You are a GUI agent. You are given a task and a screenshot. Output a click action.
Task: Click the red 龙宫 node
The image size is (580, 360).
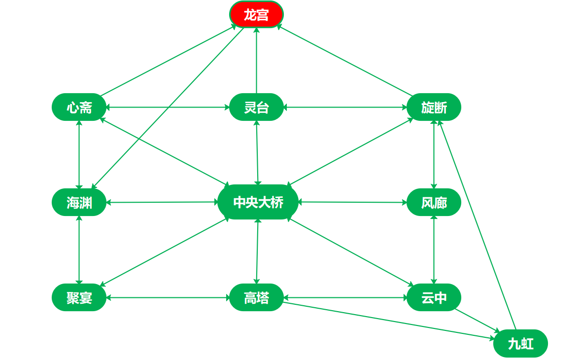pyautogui.click(x=256, y=15)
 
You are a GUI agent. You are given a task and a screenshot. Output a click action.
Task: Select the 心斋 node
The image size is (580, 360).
pyautogui.click(x=79, y=107)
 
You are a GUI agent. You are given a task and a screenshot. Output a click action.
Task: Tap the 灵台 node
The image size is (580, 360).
pyautogui.click(x=256, y=107)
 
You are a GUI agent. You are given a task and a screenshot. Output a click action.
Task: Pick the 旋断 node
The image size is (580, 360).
pyautogui.click(x=434, y=107)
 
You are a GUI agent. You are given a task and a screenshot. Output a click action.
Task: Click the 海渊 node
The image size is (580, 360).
pyautogui.click(x=79, y=202)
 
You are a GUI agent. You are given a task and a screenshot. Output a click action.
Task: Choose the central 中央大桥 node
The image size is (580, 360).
pyautogui.click(x=258, y=202)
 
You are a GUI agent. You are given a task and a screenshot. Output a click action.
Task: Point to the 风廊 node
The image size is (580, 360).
pyautogui.click(x=434, y=202)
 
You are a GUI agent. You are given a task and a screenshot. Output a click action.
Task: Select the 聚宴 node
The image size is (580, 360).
pyautogui.click(x=79, y=297)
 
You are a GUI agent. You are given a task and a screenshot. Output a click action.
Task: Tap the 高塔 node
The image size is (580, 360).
pyautogui.click(x=256, y=297)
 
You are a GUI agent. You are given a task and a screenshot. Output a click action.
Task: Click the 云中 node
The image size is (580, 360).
pyautogui.click(x=434, y=297)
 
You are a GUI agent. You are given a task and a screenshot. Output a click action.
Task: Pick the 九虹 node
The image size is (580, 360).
pyautogui.click(x=520, y=343)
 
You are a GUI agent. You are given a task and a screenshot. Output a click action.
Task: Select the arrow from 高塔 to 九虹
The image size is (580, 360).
pyautogui.click(x=389, y=321)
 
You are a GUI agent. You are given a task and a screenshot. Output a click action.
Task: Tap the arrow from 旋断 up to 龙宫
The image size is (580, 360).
pyautogui.click(x=345, y=60)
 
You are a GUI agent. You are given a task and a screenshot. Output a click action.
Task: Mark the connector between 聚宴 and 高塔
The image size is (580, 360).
pyautogui.click(x=168, y=297)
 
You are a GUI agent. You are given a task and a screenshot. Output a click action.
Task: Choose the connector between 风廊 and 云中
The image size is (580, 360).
pyautogui.click(x=434, y=250)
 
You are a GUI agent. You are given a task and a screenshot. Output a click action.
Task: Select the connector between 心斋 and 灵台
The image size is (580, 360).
pyautogui.click(x=168, y=107)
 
